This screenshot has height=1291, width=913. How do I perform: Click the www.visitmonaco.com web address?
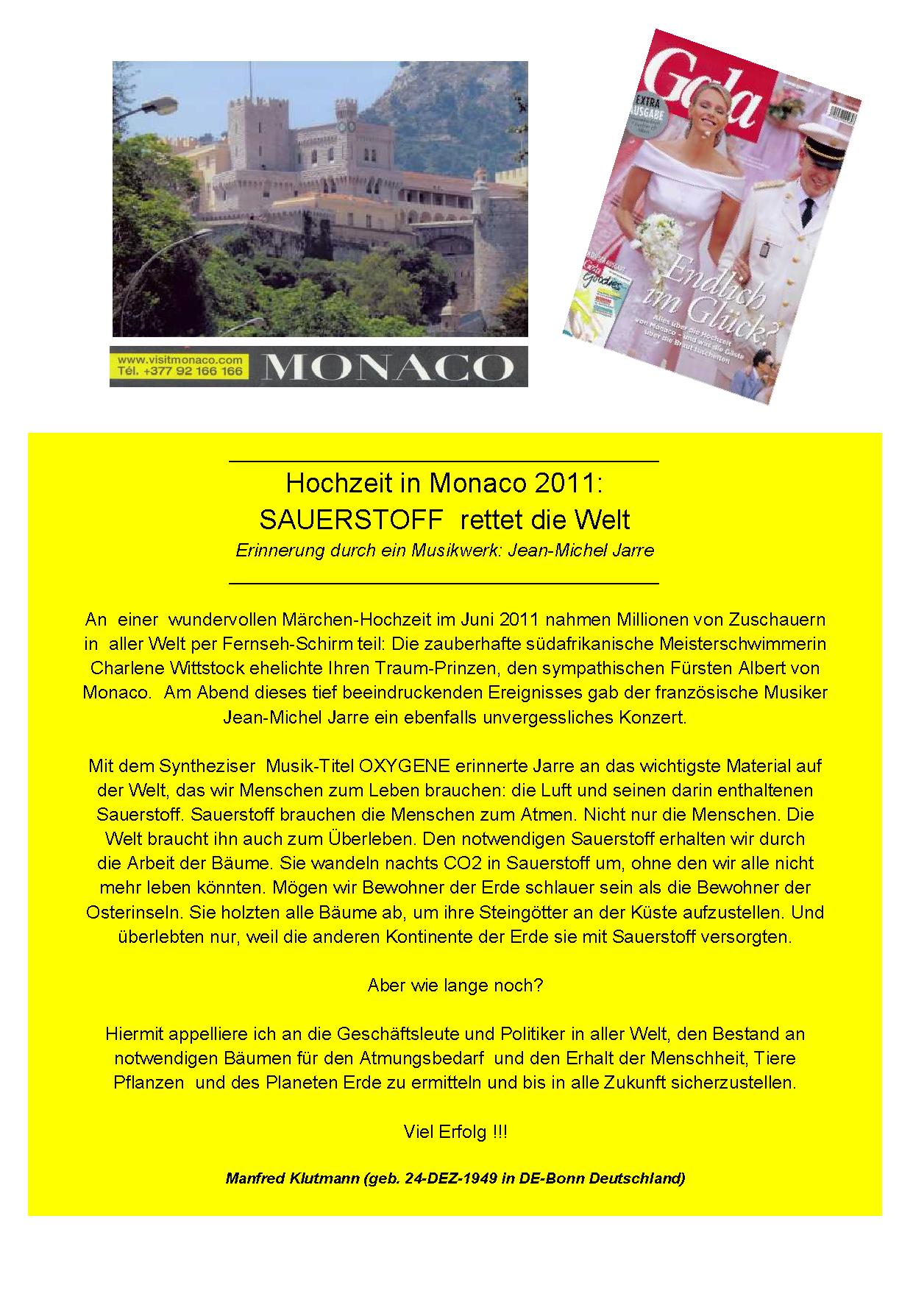[177, 360]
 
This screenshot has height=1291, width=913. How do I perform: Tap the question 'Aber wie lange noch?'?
[455, 985]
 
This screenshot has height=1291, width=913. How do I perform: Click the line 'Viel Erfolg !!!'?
[455, 1131]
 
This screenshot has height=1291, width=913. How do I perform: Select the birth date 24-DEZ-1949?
[452, 1178]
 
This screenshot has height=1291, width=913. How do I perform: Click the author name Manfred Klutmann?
[291, 1178]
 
